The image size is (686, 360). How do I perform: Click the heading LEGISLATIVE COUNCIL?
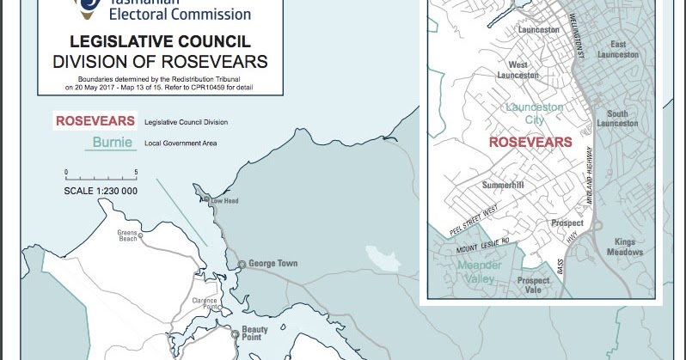160,41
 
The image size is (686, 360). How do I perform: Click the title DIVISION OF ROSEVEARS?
160,61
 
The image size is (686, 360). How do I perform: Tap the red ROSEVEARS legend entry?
95,121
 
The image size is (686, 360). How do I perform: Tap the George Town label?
274,263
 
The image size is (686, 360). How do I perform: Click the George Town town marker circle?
242,264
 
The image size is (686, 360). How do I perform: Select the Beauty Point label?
254,334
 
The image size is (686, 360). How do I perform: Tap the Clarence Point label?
205,304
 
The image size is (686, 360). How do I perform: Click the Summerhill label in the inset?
503,185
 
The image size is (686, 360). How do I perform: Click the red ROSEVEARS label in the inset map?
530,142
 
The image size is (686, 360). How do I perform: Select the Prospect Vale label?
533,285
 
